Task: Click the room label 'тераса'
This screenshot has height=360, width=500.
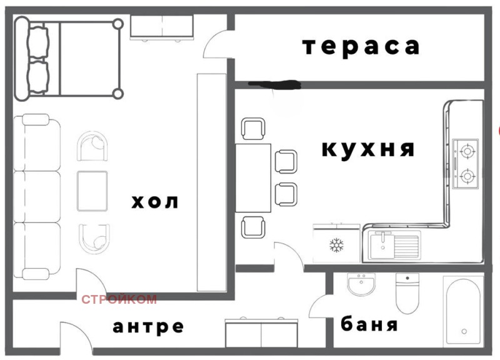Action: [x=360, y=47]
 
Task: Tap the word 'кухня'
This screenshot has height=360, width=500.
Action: [x=368, y=149]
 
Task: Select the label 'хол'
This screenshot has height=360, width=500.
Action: [x=155, y=202]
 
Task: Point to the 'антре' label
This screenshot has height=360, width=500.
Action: [x=149, y=327]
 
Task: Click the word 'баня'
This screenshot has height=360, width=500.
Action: [x=369, y=326]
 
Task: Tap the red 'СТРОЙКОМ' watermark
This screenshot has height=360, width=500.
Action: [x=119, y=300]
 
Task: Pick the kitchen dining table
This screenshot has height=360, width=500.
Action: [x=253, y=178]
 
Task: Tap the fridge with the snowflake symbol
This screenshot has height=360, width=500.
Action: [x=337, y=245]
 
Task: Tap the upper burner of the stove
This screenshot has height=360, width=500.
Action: [x=466, y=150]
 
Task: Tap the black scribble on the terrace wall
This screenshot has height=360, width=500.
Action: [x=275, y=82]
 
